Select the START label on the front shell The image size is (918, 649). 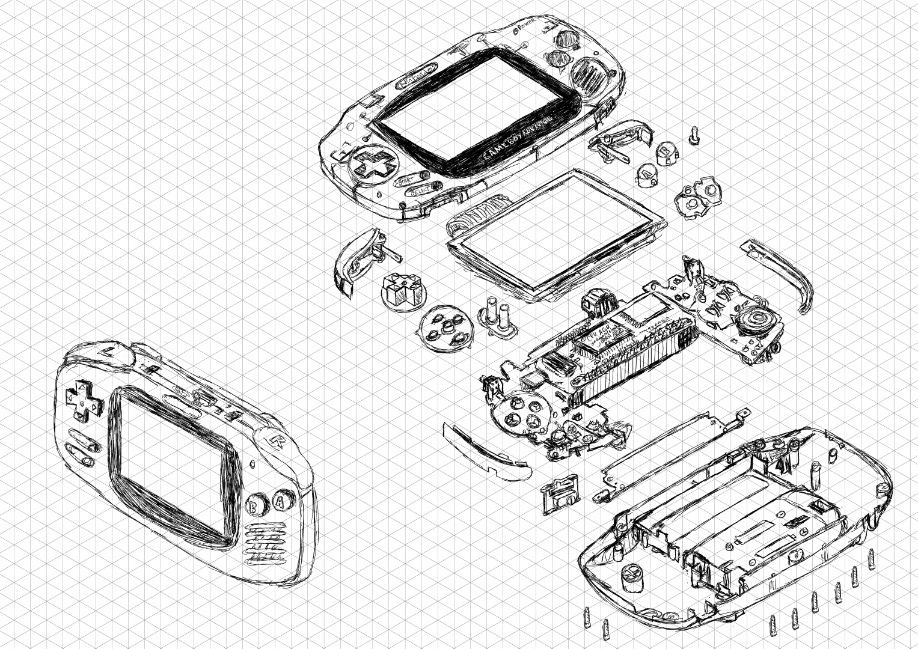[x=407, y=179]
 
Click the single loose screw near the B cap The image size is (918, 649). [x=695, y=134]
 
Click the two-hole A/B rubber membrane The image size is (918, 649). [x=696, y=196]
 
